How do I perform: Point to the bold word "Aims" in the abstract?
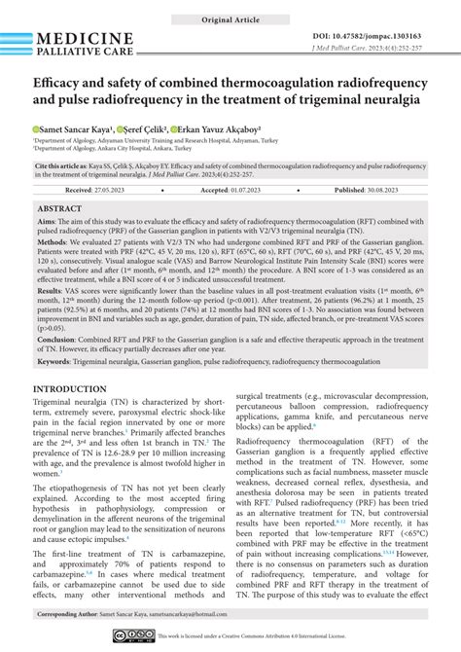[x=47, y=222]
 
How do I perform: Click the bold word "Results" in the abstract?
[x=52, y=291]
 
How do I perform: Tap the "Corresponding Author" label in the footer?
[x=78, y=615]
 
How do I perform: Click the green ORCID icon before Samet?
[x=36, y=128]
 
